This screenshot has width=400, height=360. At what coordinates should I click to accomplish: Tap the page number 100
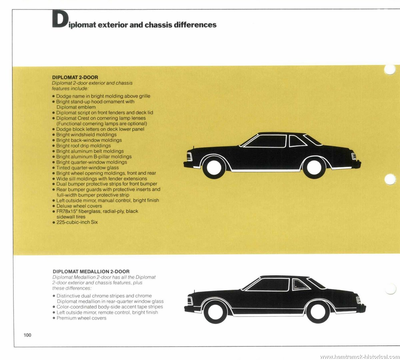click(27, 335)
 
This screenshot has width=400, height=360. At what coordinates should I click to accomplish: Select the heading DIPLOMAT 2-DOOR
click(75, 77)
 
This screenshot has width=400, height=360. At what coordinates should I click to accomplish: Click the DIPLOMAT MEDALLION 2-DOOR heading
click(91, 271)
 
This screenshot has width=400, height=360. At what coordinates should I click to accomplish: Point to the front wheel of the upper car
click(214, 168)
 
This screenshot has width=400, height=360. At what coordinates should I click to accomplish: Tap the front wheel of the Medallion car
click(216, 312)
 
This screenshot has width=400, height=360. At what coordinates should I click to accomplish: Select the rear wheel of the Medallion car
click(318, 312)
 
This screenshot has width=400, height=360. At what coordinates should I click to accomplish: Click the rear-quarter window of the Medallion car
click(300, 285)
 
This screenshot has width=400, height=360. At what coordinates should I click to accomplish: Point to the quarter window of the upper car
click(297, 141)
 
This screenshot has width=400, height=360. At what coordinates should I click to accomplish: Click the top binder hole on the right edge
click(390, 70)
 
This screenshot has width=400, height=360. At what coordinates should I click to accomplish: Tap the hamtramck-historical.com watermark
click(360, 356)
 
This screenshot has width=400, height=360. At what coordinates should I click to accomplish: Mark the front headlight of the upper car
click(189, 157)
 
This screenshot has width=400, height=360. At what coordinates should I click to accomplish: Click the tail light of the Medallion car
click(358, 300)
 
